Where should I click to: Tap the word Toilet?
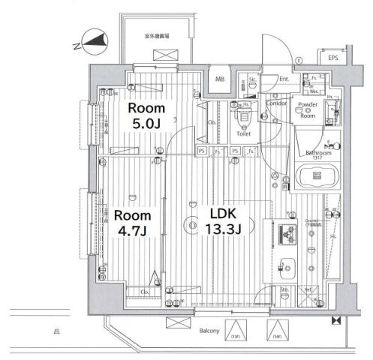pyautogui.click(x=243, y=134)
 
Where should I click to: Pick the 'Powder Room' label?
pyautogui.click(x=307, y=109)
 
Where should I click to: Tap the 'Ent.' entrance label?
pyautogui.click(x=284, y=78)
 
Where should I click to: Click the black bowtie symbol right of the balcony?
pyautogui.click(x=335, y=321)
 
